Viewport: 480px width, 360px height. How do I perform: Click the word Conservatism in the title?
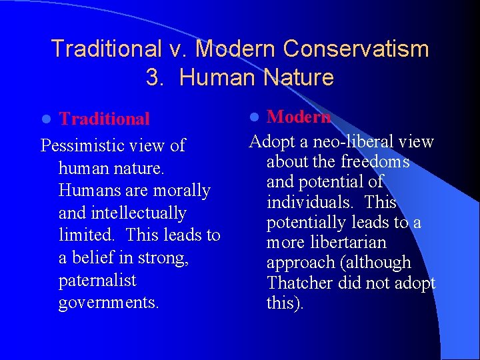(355, 49)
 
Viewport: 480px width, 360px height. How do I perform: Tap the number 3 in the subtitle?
(153, 78)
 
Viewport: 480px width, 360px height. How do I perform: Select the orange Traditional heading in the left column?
(104, 119)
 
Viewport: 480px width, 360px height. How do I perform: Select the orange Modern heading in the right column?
(299, 117)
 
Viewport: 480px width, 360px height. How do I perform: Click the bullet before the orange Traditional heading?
(45, 119)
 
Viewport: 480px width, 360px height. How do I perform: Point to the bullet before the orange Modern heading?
(253, 117)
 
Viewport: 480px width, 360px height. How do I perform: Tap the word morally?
(182, 190)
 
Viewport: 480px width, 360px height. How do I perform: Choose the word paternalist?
(97, 280)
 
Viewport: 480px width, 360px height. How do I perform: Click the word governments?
(109, 303)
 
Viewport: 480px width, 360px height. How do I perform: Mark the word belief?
(95, 258)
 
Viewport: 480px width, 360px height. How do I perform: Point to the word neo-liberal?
(350, 141)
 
